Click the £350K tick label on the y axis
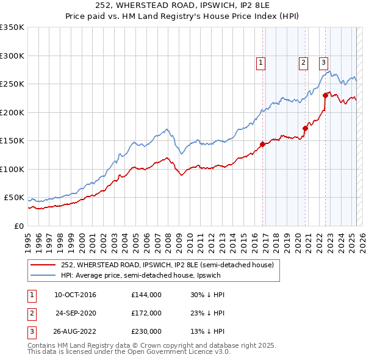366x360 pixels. (x=12, y=27)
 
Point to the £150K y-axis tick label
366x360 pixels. (x=12, y=141)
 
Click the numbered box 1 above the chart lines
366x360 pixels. (x=261, y=61)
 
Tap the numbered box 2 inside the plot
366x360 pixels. (x=303, y=61)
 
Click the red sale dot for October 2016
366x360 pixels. (x=263, y=145)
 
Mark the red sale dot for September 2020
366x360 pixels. (x=305, y=128)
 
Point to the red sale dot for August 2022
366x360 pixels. (x=325, y=95)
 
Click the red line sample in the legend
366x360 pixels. (x=43, y=265)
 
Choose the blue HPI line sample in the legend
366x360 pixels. (x=43, y=275)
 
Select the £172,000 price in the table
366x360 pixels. (x=146, y=313)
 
